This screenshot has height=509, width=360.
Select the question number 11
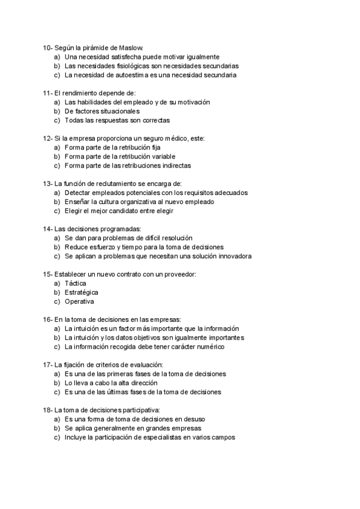(x=47, y=93)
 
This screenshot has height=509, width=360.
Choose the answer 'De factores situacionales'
(x=102, y=111)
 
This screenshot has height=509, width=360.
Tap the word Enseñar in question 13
(x=78, y=202)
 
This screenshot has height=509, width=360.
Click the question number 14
(x=47, y=229)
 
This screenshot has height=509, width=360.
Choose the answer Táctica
(x=76, y=283)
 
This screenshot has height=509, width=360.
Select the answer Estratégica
(x=82, y=292)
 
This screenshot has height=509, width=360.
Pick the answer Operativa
(x=79, y=301)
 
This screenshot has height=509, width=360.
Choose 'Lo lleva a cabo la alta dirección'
(x=111, y=383)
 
